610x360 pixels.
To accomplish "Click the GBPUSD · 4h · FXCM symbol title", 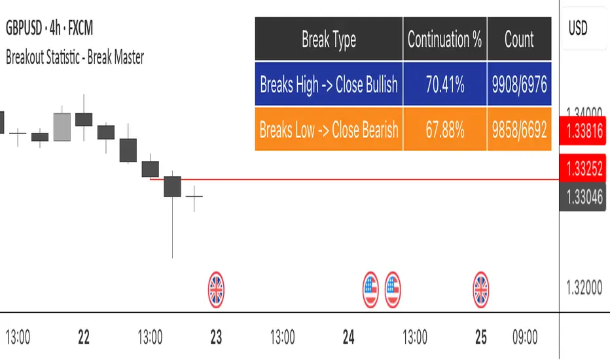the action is coord(49,28).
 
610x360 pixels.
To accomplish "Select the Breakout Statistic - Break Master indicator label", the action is coord(75,58).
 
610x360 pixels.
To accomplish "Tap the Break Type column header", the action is coord(329,39).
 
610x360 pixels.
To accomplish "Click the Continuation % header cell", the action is coord(444,39).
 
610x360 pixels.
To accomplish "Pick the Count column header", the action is coord(520,39).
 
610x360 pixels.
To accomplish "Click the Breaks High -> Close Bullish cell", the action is coord(329,84).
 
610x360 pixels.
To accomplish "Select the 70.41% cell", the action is coord(444,84).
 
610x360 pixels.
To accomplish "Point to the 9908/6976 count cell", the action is coord(520,84).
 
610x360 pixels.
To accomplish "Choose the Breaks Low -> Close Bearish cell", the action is coord(329,129).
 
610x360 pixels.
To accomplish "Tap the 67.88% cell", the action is coord(444,129).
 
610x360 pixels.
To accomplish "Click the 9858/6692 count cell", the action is coord(520,129).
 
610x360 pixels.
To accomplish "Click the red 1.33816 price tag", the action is coord(583,131).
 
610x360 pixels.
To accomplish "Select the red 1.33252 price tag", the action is coord(583,168).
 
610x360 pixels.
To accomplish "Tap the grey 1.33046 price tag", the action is coord(583,197).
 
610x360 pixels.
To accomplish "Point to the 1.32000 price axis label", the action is coord(584,288).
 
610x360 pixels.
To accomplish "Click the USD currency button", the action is coord(578,28).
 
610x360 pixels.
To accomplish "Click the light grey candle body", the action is coord(62,127).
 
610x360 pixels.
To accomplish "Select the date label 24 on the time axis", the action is coord(349,337).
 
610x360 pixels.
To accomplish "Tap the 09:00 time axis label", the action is coord(525,337).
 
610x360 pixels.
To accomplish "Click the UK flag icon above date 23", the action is coord(216,289).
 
